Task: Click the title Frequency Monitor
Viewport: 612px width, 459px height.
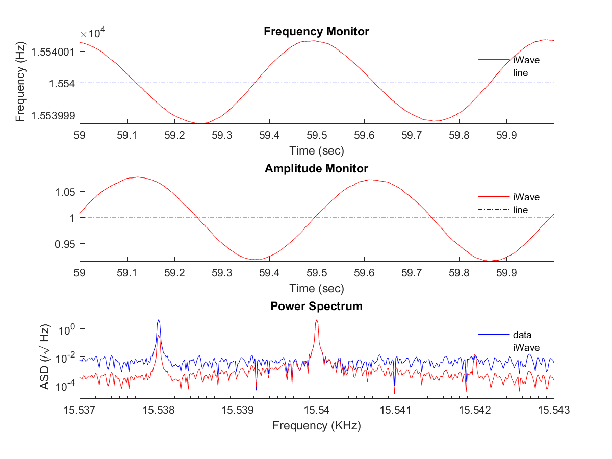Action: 316,32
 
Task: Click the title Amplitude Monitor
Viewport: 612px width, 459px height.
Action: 316,169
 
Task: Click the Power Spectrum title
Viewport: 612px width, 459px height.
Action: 316,306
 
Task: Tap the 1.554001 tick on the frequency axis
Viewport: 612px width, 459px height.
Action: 53,52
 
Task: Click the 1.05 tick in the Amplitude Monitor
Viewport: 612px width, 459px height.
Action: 63,192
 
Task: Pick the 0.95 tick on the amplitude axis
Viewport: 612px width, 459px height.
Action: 63,244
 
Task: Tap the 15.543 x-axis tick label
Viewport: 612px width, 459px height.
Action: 554,409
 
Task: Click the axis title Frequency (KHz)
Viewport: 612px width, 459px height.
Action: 316,426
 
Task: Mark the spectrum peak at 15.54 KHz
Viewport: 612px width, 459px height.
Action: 317,321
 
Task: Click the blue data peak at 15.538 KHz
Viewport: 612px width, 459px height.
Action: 159,321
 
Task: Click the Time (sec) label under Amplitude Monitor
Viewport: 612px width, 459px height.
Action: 316,288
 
